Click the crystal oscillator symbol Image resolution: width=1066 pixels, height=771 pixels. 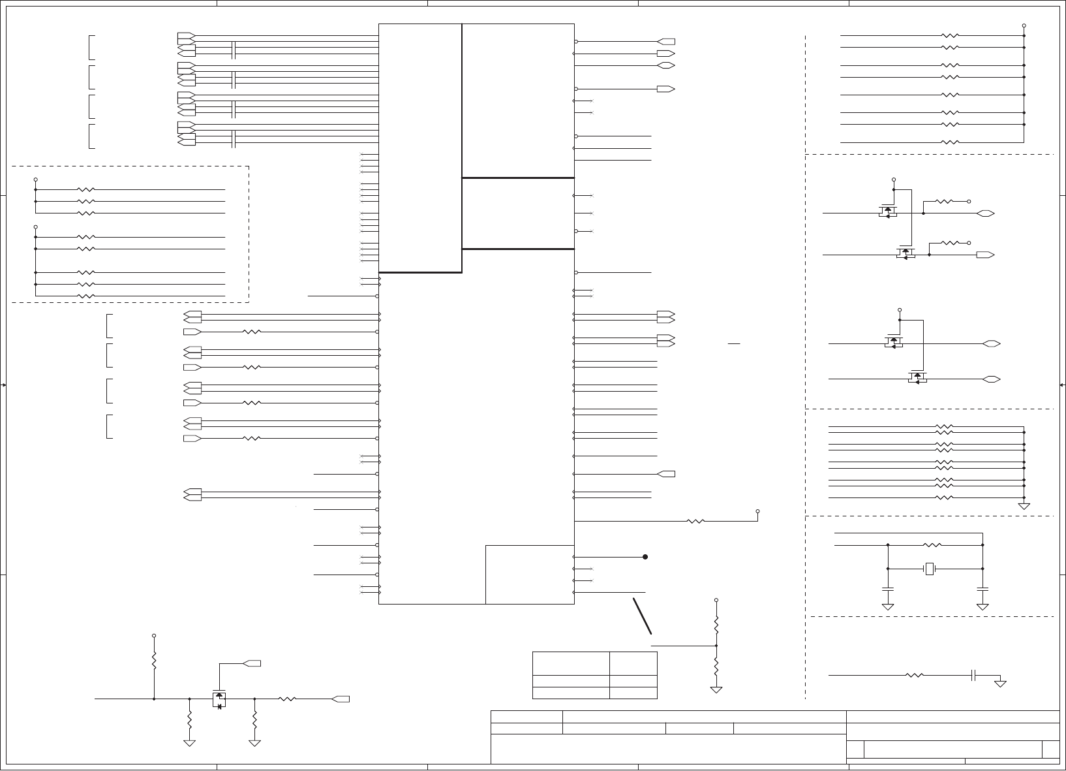[930, 569]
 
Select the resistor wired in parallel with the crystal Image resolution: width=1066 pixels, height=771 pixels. [933, 544]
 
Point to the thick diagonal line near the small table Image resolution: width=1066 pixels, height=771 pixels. [642, 615]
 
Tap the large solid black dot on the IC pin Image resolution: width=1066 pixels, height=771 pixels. [645, 557]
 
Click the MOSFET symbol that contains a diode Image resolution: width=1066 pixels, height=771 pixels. [219, 699]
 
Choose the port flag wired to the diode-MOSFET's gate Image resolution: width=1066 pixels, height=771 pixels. [252, 663]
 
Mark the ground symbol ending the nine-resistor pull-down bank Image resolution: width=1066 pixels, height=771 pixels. [1024, 506]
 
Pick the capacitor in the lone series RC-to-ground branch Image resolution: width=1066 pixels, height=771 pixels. [973, 675]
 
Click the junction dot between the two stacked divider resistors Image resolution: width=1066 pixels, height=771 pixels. [716, 646]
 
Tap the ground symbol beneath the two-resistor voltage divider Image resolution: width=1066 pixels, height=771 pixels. [716, 689]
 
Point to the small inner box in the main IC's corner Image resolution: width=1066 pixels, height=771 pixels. [530, 574]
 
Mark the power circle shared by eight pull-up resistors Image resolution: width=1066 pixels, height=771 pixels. [1024, 25]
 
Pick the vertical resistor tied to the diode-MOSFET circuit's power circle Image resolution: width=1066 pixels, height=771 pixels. [154, 661]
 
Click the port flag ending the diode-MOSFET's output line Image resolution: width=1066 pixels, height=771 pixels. [341, 699]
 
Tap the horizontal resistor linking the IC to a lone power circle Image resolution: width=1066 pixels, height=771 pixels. [696, 522]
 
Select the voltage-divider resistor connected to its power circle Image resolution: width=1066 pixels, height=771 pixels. [716, 624]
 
